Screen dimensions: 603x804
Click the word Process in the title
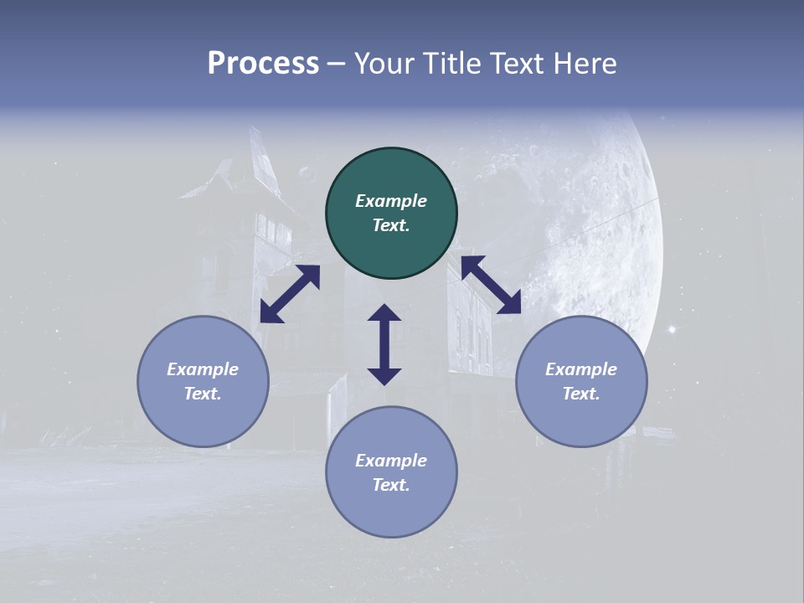(x=263, y=64)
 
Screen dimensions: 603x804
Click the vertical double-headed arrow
(x=384, y=344)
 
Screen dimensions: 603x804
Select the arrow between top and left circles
(x=290, y=294)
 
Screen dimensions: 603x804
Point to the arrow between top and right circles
(x=491, y=286)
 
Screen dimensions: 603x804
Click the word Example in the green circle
(x=391, y=201)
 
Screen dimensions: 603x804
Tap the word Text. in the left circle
(x=203, y=394)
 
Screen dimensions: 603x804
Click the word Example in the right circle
(x=581, y=369)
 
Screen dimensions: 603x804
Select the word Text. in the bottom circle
(x=391, y=485)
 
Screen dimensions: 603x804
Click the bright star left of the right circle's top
(x=671, y=330)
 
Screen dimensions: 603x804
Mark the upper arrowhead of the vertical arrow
(x=384, y=312)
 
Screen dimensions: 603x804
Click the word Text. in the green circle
(x=391, y=225)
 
